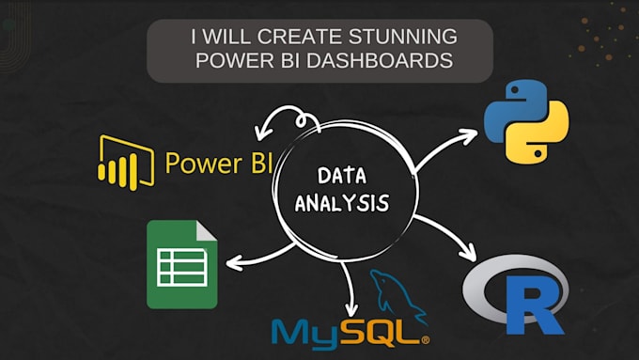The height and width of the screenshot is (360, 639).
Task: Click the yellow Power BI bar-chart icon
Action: pyautogui.click(x=125, y=162)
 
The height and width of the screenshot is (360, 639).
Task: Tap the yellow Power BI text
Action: pyautogui.click(x=218, y=162)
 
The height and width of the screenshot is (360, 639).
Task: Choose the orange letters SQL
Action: pyautogui.click(x=386, y=333)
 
